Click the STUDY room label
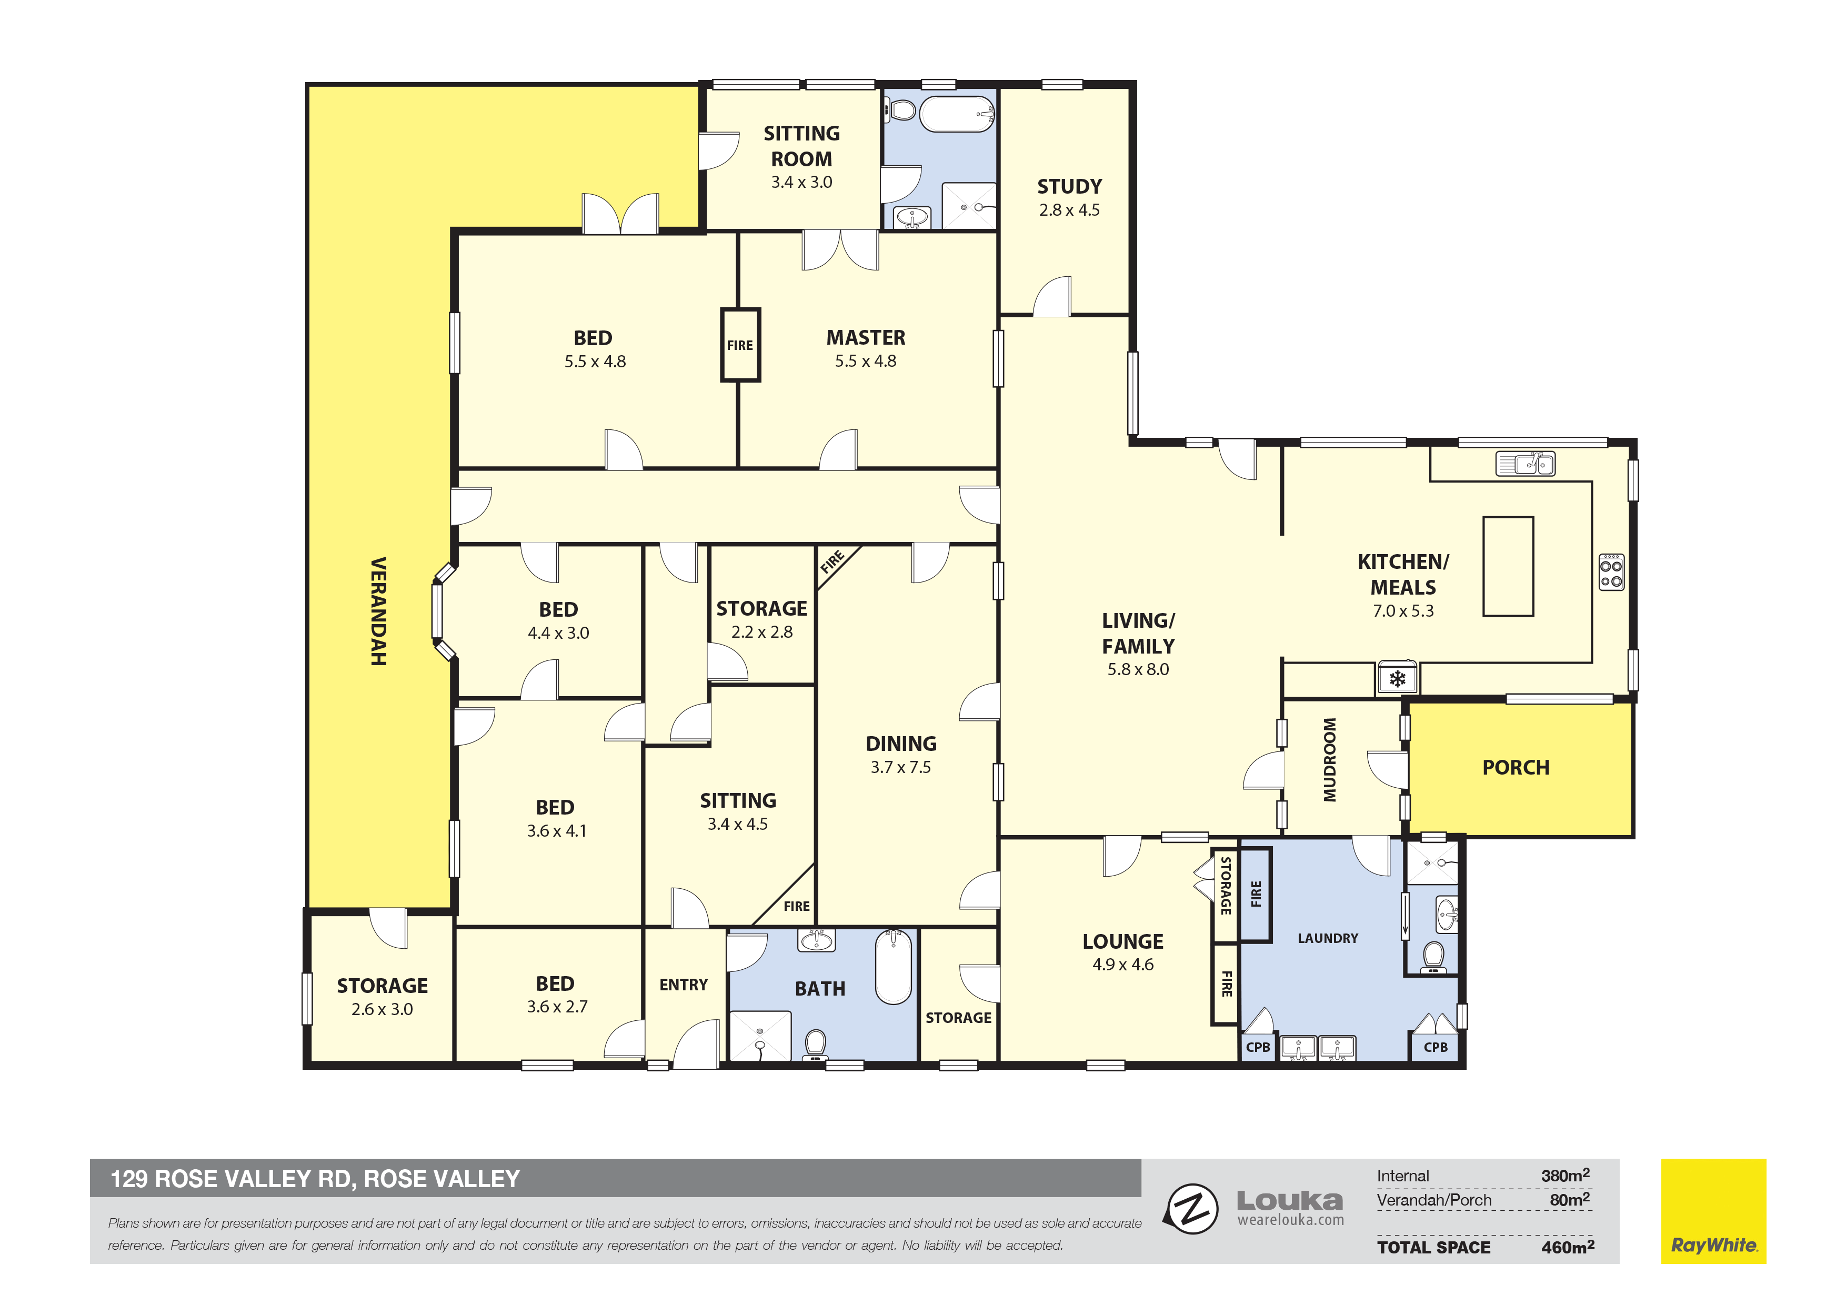coord(1069,187)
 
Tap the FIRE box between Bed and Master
coord(740,345)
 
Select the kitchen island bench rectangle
coord(1508,566)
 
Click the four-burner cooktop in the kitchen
coord(1611,571)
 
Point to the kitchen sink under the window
coord(1525,464)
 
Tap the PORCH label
coord(1516,767)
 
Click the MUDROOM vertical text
coord(1330,760)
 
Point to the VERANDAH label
coord(378,611)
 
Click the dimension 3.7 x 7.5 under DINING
coord(900,767)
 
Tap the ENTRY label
coord(684,985)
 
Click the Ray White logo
coord(1713,1211)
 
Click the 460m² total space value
coord(1567,1247)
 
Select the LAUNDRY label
coord(1328,938)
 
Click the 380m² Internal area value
coord(1564,1176)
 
